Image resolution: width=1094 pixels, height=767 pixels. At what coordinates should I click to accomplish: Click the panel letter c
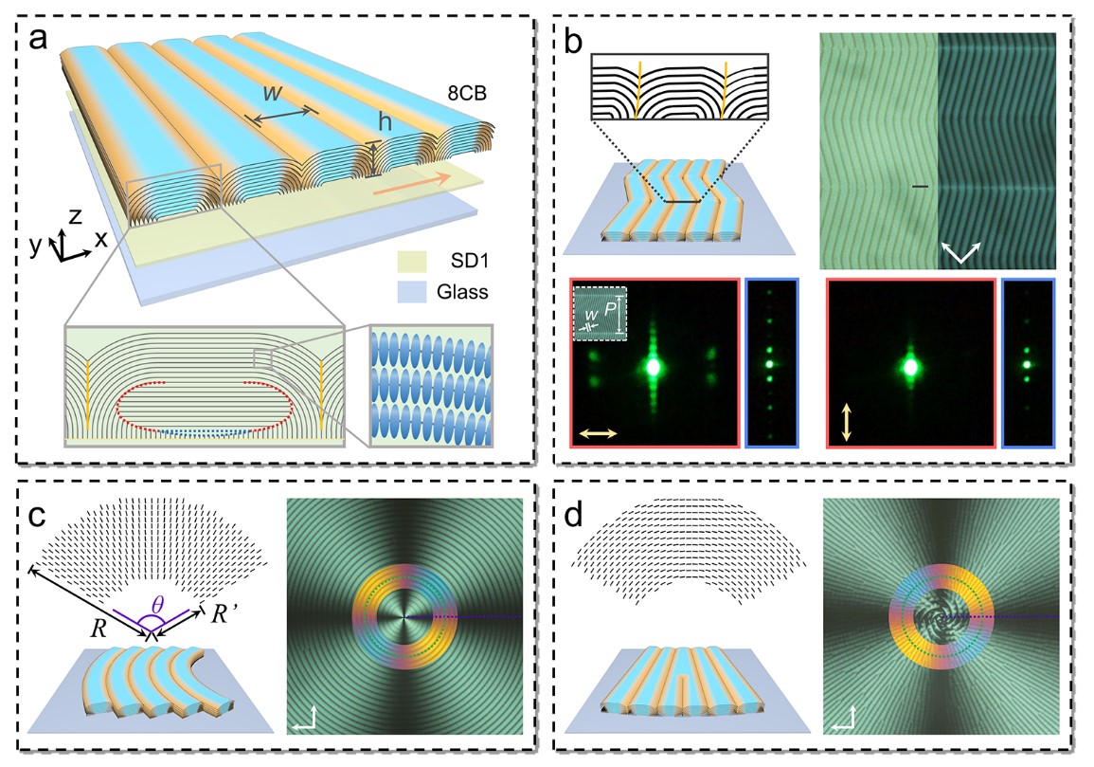click(x=35, y=520)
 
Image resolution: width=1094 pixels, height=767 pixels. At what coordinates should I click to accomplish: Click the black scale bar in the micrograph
click(x=919, y=188)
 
